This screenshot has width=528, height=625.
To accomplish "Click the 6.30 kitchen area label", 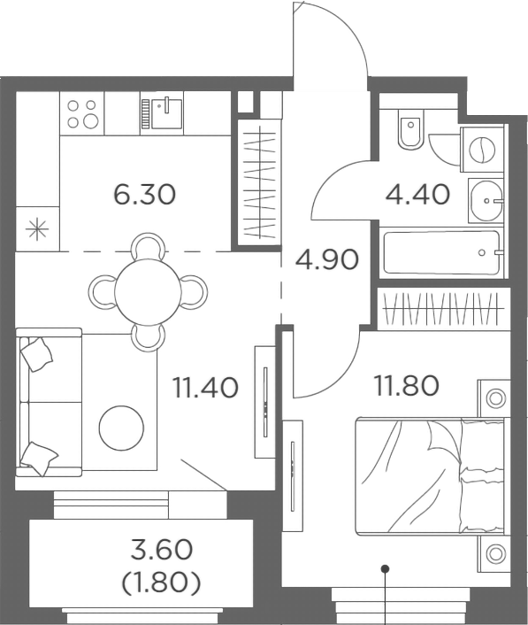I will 144,193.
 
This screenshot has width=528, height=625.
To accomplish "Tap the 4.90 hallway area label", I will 327,259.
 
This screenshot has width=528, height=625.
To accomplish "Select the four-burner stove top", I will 82,113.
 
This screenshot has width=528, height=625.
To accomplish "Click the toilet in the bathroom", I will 409,131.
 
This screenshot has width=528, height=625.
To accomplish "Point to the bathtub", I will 440,253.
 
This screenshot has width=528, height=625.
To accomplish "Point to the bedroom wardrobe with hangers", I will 440,307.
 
